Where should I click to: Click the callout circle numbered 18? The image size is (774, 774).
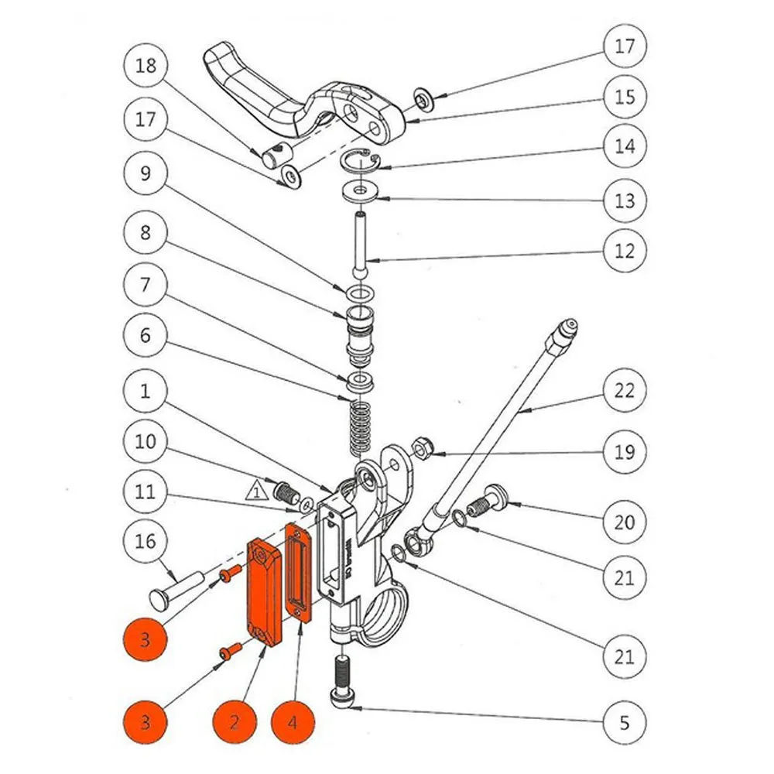(146, 65)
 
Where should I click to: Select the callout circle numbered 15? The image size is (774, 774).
(624, 97)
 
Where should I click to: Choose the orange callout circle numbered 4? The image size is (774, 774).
(293, 722)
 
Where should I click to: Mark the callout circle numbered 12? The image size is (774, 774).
(624, 250)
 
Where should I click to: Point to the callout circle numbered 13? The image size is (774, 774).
(624, 200)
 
